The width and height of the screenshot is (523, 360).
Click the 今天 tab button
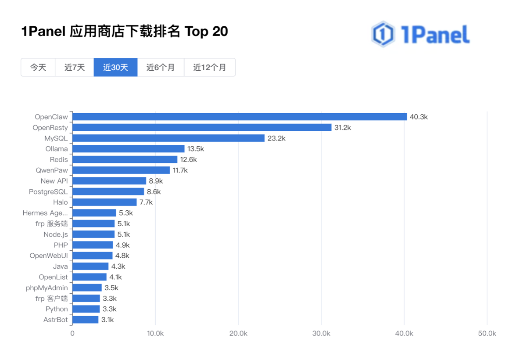pos(38,68)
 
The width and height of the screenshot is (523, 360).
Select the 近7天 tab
pos(75,68)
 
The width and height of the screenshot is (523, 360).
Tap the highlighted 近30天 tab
pos(115,68)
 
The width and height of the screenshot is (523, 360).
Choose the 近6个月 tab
pos(161,68)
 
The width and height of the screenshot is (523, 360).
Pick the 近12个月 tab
pos(210,68)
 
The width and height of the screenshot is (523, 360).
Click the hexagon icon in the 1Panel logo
pos(383,34)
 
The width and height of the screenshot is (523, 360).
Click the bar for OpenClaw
pos(240,117)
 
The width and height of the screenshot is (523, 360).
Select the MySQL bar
pos(168,138)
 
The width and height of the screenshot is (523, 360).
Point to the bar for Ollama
pos(128,149)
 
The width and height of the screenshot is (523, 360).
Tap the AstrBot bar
pos(86,320)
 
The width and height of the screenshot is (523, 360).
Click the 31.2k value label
pos(343,128)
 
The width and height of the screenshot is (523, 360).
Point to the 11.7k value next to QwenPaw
pos(180,170)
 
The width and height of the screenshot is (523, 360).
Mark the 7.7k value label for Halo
pos(146,202)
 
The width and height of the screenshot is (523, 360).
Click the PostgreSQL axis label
pos(48,192)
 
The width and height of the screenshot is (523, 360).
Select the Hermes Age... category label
pos(45,213)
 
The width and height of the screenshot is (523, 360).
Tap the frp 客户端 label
pos(52,299)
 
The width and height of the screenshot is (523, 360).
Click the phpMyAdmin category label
pos(47,288)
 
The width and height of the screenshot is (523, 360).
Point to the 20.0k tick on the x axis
pos(238,334)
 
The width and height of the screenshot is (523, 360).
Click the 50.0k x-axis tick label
pos(487,334)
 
